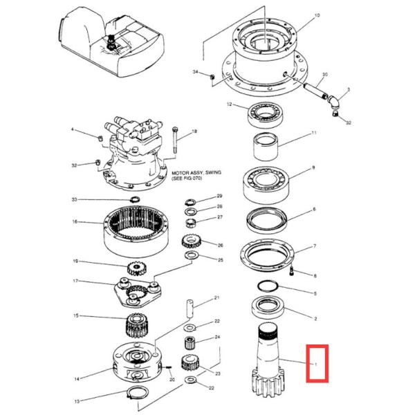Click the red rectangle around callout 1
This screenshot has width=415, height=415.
coord(317,362)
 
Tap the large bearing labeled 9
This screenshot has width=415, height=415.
coord(265,181)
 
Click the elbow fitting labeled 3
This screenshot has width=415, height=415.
coord(334,102)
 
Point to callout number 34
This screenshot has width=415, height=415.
coord(196,72)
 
